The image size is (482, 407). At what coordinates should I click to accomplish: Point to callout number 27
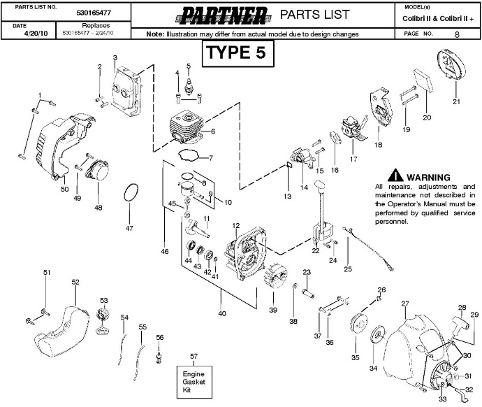[404, 304]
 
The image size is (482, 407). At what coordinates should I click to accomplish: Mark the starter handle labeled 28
[461, 323]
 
